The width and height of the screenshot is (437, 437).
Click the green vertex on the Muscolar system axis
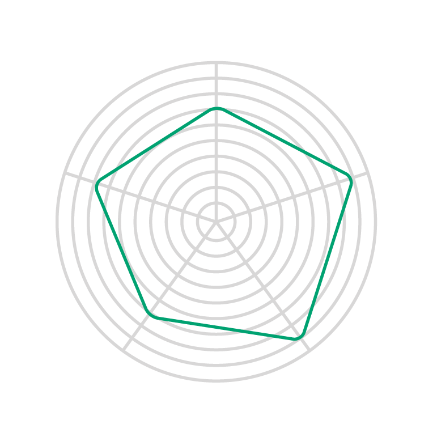(x=217, y=108)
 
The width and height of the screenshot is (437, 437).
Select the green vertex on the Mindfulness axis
(x=351, y=181)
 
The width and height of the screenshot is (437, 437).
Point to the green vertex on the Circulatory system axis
(x=150, y=315)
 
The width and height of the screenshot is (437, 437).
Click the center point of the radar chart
(x=216, y=221)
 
